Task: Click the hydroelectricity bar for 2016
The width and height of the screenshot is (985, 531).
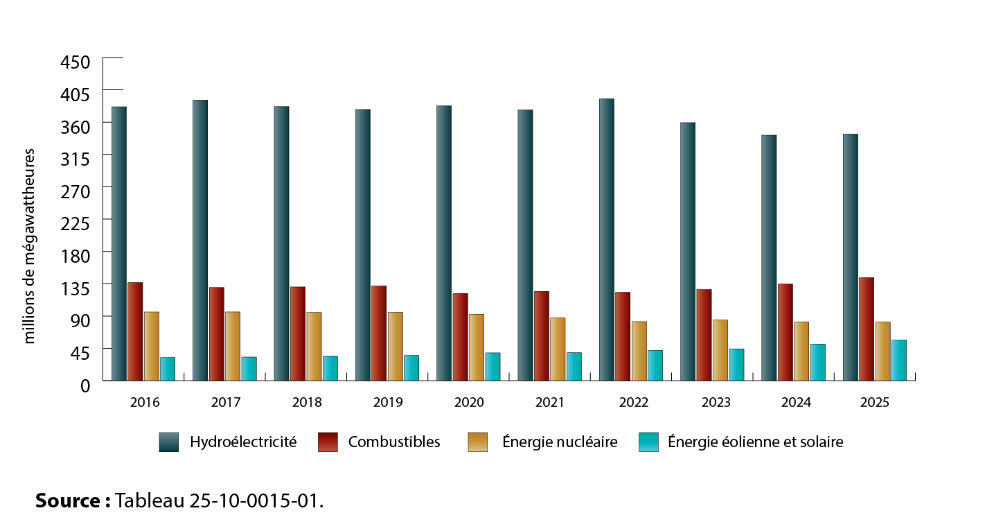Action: coord(119,243)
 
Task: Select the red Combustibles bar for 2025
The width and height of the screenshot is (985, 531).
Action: coord(866,329)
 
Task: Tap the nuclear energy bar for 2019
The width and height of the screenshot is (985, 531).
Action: coord(395,346)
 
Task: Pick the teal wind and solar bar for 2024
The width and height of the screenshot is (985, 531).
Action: coord(817,362)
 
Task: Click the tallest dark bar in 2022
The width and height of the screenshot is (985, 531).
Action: coord(606,239)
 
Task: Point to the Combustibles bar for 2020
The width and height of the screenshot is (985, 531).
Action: coord(460,337)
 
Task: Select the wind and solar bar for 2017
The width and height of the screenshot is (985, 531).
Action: coord(249,368)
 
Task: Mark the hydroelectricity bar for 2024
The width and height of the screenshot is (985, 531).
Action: coord(768,257)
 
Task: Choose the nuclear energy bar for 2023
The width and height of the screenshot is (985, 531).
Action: coord(720,349)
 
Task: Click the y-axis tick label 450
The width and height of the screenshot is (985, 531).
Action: coord(76,62)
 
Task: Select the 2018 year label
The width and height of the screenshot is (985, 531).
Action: coord(307,402)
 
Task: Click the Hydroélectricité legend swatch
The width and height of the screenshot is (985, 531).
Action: coord(168,442)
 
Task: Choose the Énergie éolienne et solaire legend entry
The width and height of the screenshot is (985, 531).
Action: coord(755,442)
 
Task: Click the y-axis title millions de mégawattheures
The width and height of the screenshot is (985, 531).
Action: coord(30,246)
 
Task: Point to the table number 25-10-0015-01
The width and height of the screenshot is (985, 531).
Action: coord(254,500)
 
